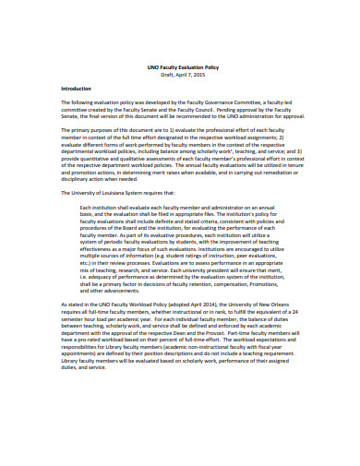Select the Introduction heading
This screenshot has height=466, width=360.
[x=78, y=89]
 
